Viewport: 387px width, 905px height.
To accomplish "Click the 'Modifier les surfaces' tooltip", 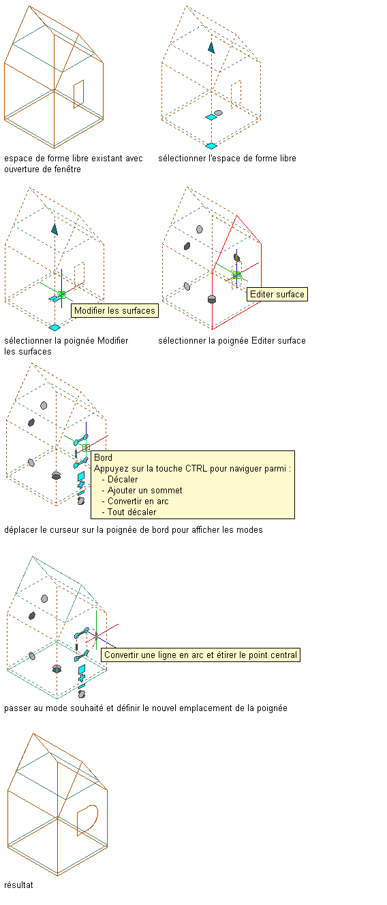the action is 115,311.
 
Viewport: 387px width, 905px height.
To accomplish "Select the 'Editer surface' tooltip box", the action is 277,294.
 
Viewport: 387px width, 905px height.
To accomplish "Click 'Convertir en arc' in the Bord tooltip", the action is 138,501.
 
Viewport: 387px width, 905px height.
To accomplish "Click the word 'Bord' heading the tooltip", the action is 103,457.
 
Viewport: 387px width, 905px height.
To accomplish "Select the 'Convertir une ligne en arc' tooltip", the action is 200,655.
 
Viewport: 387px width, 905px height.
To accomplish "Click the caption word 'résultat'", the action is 18,885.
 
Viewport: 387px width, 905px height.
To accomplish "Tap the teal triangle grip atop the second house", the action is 211,48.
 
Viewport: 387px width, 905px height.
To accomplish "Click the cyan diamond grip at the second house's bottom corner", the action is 211,146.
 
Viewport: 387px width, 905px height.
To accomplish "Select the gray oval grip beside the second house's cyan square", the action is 219,113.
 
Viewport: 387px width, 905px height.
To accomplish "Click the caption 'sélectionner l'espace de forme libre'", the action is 227,159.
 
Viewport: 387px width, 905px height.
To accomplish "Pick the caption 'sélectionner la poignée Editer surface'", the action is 232,341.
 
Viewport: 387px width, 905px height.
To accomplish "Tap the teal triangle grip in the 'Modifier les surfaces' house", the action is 55,229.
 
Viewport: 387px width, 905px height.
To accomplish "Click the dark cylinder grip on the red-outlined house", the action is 211,299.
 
